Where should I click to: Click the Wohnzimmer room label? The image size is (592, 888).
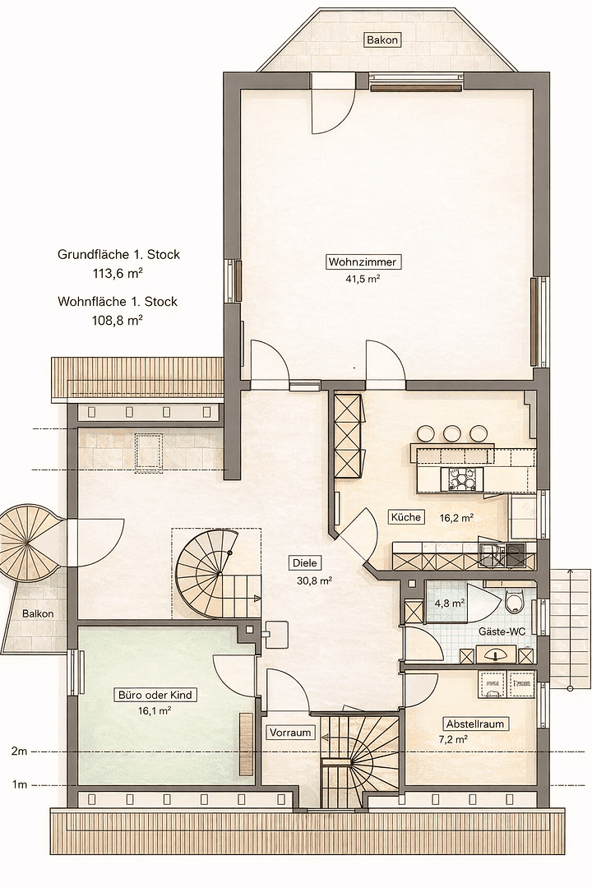click(x=363, y=262)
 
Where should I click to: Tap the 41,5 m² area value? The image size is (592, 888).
click(x=363, y=279)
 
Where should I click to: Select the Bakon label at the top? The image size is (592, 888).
click(x=383, y=39)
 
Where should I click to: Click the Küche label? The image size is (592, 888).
click(x=406, y=517)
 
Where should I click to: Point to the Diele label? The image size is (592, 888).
click(x=305, y=563)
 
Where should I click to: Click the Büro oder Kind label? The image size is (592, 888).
click(x=155, y=695)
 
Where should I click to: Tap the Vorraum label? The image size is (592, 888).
click(x=290, y=732)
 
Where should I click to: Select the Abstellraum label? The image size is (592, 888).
click(x=474, y=724)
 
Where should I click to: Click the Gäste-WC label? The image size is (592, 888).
click(x=502, y=632)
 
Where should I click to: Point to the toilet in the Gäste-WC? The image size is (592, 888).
click(x=515, y=604)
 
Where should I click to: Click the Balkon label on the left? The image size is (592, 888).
click(x=38, y=613)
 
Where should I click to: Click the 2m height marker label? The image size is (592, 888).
click(x=20, y=752)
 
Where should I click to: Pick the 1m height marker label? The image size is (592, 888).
click(x=20, y=785)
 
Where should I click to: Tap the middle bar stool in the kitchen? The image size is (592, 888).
click(x=452, y=432)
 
